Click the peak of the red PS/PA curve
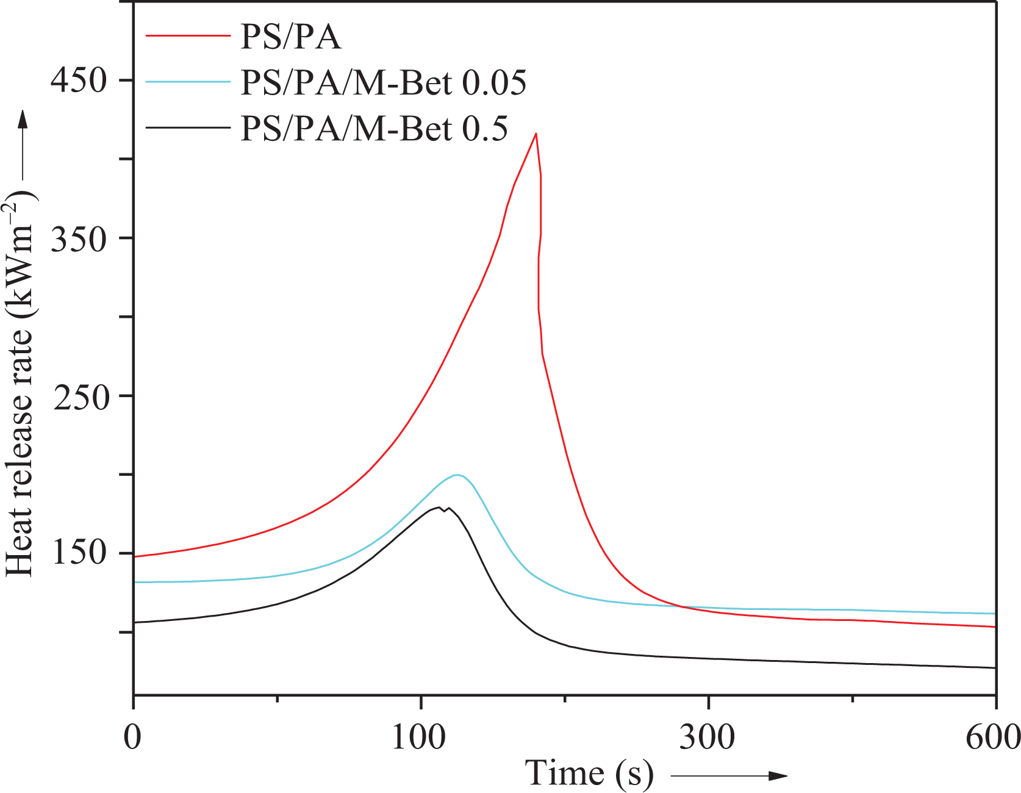536,134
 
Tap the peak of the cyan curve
457,475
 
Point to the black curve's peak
439,508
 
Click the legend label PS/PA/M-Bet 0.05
383,82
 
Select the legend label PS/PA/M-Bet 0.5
374,128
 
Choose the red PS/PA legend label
290,37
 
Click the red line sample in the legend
187,37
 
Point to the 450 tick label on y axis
79,80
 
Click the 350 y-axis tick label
79,238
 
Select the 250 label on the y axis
79,396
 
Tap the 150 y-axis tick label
79,553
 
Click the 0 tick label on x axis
132,737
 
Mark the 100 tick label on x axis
418,737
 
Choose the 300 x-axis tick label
708,737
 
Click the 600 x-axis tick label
993,737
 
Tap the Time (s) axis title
589,773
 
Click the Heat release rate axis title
20,384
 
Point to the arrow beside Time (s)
729,776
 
